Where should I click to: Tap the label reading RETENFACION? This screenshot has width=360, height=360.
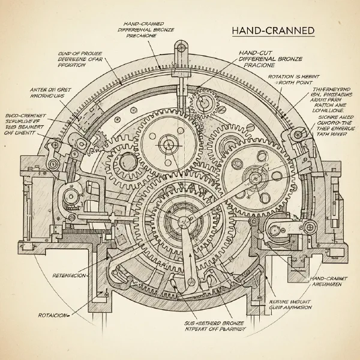coord(67,275)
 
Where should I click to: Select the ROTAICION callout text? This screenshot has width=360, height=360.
coord(52,314)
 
